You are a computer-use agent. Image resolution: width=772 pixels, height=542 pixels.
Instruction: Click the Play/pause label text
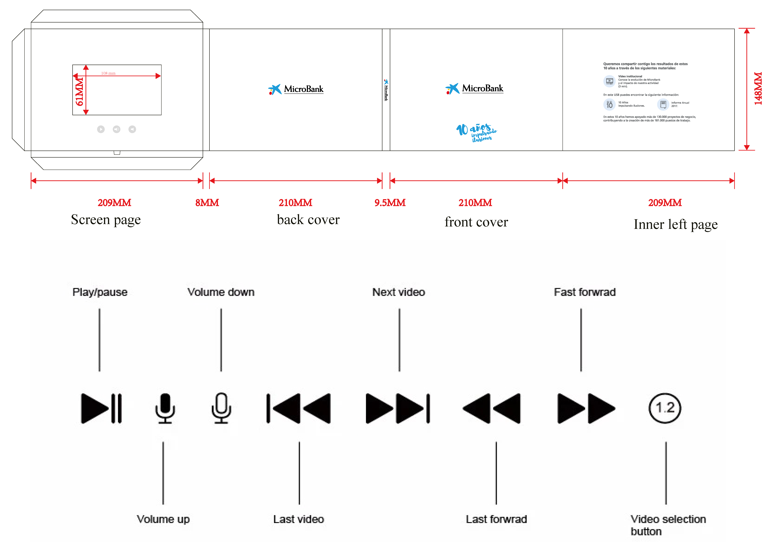point(100,292)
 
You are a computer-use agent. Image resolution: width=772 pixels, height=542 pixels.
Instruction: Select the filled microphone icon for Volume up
point(165,408)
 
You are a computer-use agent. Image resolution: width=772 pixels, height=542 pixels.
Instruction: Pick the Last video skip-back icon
point(299,408)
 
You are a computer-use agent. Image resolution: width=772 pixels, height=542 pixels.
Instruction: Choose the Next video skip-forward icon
point(398,408)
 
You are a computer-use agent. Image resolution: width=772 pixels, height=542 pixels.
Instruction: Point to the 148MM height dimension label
point(758,89)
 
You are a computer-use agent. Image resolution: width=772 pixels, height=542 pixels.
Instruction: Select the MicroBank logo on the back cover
point(296,89)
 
